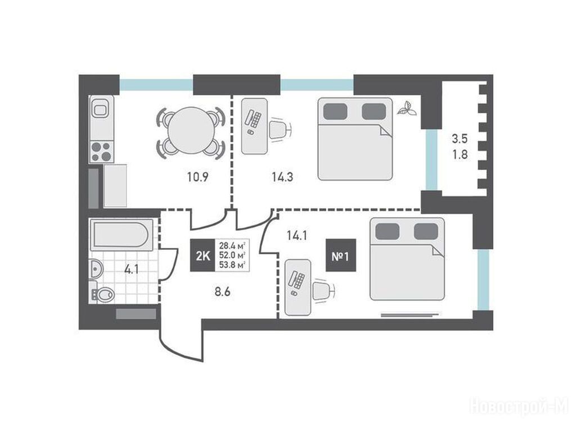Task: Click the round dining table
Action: pyautogui.click(x=191, y=131)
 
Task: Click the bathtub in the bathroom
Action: pyautogui.click(x=121, y=235)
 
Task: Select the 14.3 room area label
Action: pyautogui.click(x=282, y=177)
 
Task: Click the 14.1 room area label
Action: pyautogui.click(x=297, y=236)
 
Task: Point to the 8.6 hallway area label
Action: pyautogui.click(x=223, y=292)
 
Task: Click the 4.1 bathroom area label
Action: pyautogui.click(x=131, y=270)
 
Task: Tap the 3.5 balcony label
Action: pyautogui.click(x=460, y=138)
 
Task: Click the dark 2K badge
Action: pyautogui.click(x=202, y=255)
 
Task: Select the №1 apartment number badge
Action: pyautogui.click(x=340, y=255)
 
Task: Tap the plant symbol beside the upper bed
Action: pyautogui.click(x=407, y=109)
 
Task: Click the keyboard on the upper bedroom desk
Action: pyautogui.click(x=254, y=118)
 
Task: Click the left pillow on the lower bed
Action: pyautogui.click(x=387, y=232)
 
